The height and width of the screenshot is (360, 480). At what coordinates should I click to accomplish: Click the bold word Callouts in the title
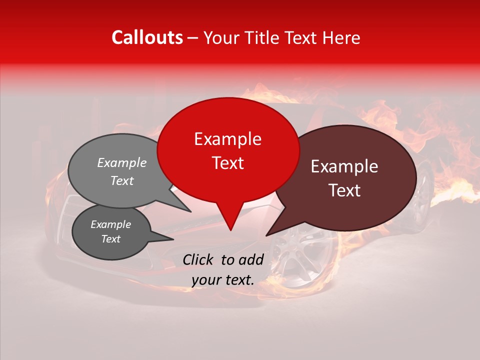[147, 37]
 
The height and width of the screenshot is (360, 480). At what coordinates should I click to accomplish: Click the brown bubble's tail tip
[266, 235]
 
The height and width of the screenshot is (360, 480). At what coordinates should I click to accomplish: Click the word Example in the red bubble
[227, 139]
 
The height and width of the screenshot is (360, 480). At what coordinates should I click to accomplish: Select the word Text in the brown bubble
[344, 190]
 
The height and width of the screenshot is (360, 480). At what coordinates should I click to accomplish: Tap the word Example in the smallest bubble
[110, 224]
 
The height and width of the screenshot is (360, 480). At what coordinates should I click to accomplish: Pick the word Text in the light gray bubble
[121, 180]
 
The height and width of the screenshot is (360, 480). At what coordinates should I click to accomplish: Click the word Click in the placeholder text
[198, 259]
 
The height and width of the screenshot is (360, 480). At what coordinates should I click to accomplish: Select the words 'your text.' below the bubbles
[223, 280]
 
